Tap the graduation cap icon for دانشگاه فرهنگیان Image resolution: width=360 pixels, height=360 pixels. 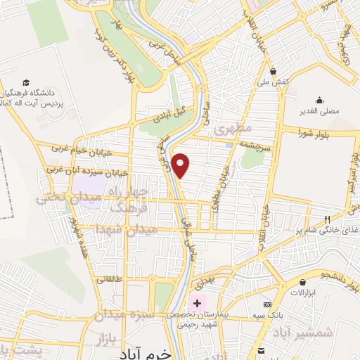coord(27,82)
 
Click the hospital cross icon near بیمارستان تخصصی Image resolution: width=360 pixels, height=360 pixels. coord(198,303)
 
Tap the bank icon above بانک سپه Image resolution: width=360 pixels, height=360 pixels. coord(266,305)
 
